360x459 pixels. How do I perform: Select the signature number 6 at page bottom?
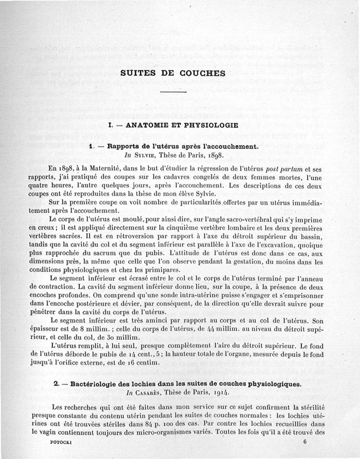click(x=305, y=442)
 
